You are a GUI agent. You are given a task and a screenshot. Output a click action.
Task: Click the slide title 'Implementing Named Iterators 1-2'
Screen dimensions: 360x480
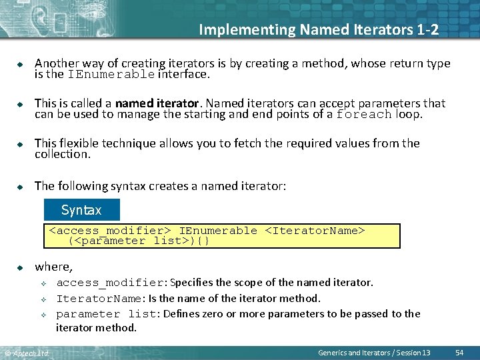[x=319, y=29]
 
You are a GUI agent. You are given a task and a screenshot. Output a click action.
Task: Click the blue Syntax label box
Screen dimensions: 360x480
[x=81, y=210]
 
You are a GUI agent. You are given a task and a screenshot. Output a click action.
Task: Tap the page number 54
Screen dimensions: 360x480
[x=459, y=352]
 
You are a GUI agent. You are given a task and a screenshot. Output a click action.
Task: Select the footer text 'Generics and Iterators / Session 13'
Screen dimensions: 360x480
[x=374, y=352]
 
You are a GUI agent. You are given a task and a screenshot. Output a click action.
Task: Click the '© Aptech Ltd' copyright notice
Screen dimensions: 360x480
[x=27, y=353]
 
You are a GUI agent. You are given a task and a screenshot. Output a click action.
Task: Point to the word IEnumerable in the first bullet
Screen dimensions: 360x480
[x=111, y=75]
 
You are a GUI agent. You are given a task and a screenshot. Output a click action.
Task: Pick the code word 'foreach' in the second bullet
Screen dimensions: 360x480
[x=364, y=114]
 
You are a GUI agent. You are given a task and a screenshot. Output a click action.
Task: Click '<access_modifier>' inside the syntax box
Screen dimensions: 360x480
[x=111, y=231]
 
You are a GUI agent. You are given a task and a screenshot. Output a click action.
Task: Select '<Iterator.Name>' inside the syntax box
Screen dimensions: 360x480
[x=315, y=231]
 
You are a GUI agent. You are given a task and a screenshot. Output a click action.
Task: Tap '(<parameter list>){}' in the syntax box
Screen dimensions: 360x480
[x=139, y=241]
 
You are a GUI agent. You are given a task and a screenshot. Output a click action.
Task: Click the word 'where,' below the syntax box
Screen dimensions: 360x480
[x=53, y=267]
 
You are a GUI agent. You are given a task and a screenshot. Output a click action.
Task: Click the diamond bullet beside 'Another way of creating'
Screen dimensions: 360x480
[x=20, y=64]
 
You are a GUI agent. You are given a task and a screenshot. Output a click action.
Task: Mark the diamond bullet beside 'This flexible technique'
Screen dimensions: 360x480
[x=20, y=144]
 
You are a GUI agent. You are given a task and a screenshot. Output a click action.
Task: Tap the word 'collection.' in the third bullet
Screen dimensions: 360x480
[x=62, y=154]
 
